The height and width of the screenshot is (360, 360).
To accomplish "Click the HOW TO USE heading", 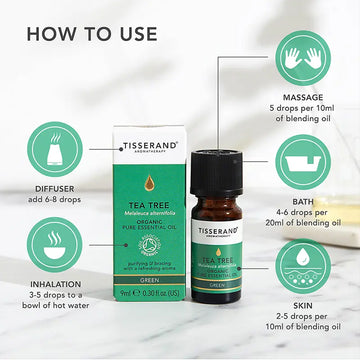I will (92, 34).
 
